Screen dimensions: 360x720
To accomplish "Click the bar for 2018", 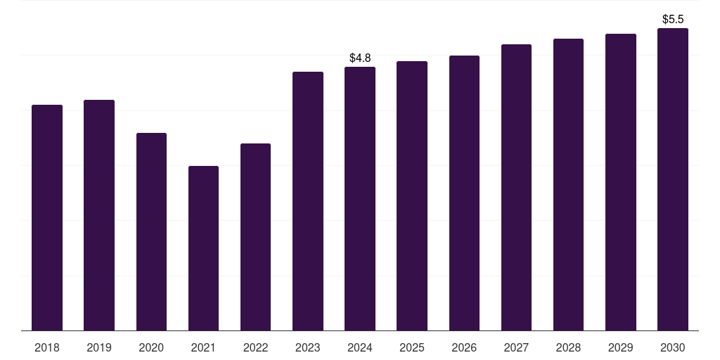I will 47,218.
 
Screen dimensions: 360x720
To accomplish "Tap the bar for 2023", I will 308,201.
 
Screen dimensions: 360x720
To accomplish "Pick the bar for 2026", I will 464,193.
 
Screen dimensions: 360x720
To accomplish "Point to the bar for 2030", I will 673,179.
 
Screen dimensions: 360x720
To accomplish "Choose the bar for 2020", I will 151,232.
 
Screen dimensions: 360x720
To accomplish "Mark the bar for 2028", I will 568,185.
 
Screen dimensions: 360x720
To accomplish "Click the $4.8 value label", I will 360,58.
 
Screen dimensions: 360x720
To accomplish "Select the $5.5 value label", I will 673,19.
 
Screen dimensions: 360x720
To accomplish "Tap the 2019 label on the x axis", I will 99,347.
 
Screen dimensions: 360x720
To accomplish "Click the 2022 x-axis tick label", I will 255,347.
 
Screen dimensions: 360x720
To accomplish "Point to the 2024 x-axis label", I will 360,347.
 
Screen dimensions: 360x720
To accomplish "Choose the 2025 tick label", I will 412,347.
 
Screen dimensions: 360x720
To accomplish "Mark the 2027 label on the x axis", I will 516,347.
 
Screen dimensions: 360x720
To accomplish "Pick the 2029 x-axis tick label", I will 621,347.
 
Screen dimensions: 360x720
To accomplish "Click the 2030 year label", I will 673,347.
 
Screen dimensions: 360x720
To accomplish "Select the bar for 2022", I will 255,237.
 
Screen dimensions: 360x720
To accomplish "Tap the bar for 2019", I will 99,215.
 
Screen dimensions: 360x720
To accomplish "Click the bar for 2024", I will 360,199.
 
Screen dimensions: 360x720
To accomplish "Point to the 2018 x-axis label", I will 47,347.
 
